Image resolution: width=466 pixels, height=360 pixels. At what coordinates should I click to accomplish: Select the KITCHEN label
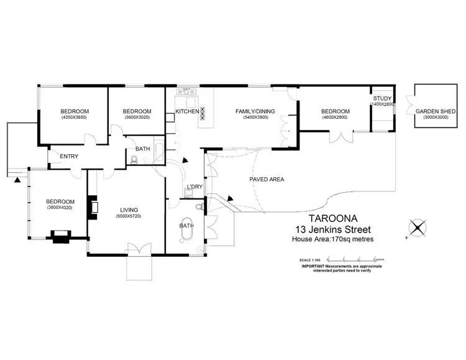[x=187, y=111]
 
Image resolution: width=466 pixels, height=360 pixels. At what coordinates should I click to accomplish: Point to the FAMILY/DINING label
[x=254, y=111]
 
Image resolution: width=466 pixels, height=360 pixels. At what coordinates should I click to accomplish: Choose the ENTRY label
[x=68, y=156]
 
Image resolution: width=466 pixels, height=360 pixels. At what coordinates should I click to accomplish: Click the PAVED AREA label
[x=267, y=179]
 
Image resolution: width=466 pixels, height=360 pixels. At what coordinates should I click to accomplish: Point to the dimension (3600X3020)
[x=137, y=118]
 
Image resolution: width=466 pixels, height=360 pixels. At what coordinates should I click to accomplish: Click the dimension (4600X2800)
[x=336, y=118]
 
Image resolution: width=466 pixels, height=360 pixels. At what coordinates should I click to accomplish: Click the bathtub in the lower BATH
[x=187, y=226]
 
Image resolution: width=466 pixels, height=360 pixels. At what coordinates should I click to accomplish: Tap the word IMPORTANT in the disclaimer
[x=314, y=266]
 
